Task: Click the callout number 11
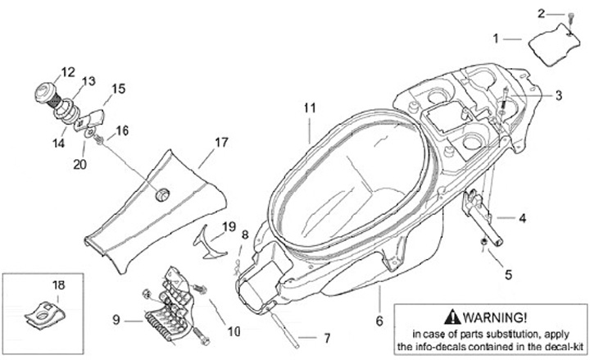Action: point(308,107)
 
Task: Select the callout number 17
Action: point(220,142)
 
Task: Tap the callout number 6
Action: point(379,321)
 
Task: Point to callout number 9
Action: point(116,319)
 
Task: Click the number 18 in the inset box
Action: point(58,285)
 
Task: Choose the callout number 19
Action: point(229,226)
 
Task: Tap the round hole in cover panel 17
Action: point(161,194)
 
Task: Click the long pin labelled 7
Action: point(288,327)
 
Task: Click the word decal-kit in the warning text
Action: point(561,346)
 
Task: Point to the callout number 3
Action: point(558,96)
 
